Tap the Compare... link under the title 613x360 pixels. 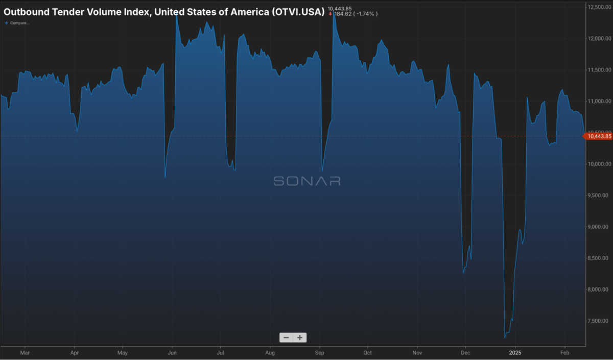coord(17,23)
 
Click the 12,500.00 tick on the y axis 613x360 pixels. coord(600,7)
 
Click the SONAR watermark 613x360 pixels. coord(306,181)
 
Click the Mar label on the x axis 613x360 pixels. coord(25,352)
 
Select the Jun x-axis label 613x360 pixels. coord(173,352)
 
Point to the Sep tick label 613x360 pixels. coord(320,352)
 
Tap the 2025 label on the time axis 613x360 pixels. coord(514,352)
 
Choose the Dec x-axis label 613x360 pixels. coord(465,352)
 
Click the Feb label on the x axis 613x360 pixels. coord(565,352)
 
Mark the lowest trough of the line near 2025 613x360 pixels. coord(505,338)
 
